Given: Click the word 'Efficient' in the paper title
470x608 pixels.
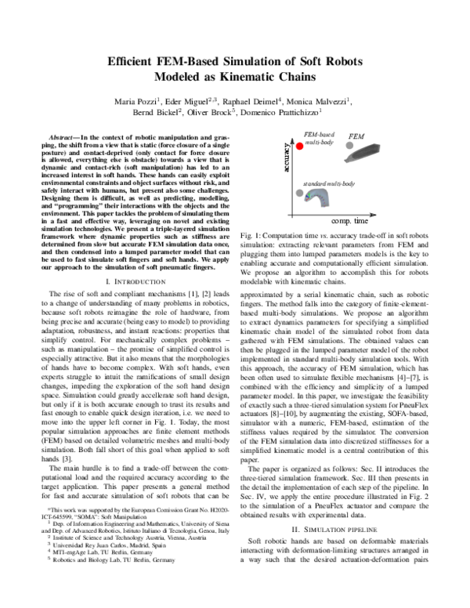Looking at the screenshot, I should click(135, 60).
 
